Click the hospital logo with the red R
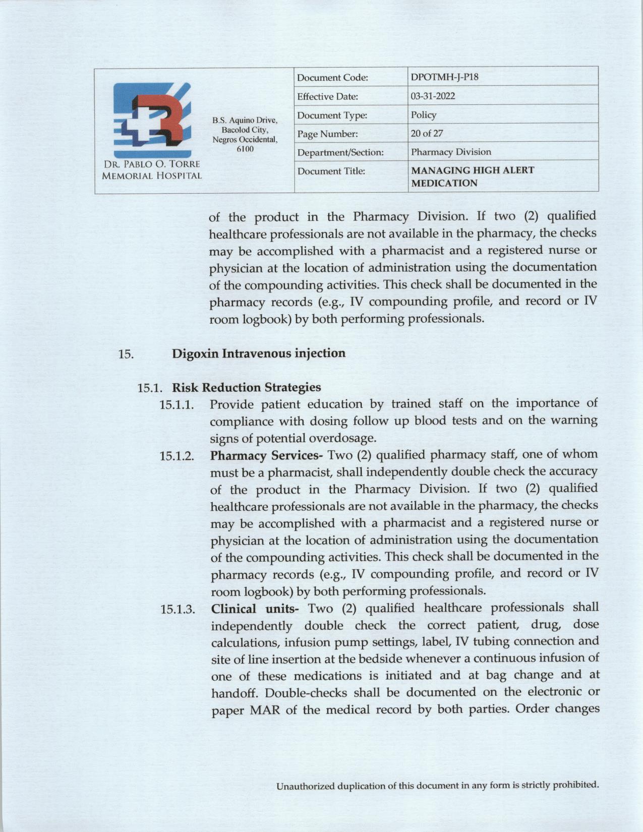(152, 121)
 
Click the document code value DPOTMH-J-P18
(444, 77)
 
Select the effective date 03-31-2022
(433, 96)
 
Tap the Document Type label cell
(332, 115)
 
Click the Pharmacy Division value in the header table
(451, 152)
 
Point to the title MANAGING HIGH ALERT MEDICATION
(472, 176)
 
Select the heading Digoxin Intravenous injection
(259, 353)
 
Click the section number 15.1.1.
(177, 405)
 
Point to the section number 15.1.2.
(177, 456)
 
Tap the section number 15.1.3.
(178, 610)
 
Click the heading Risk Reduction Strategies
(246, 387)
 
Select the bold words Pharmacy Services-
(266, 455)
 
